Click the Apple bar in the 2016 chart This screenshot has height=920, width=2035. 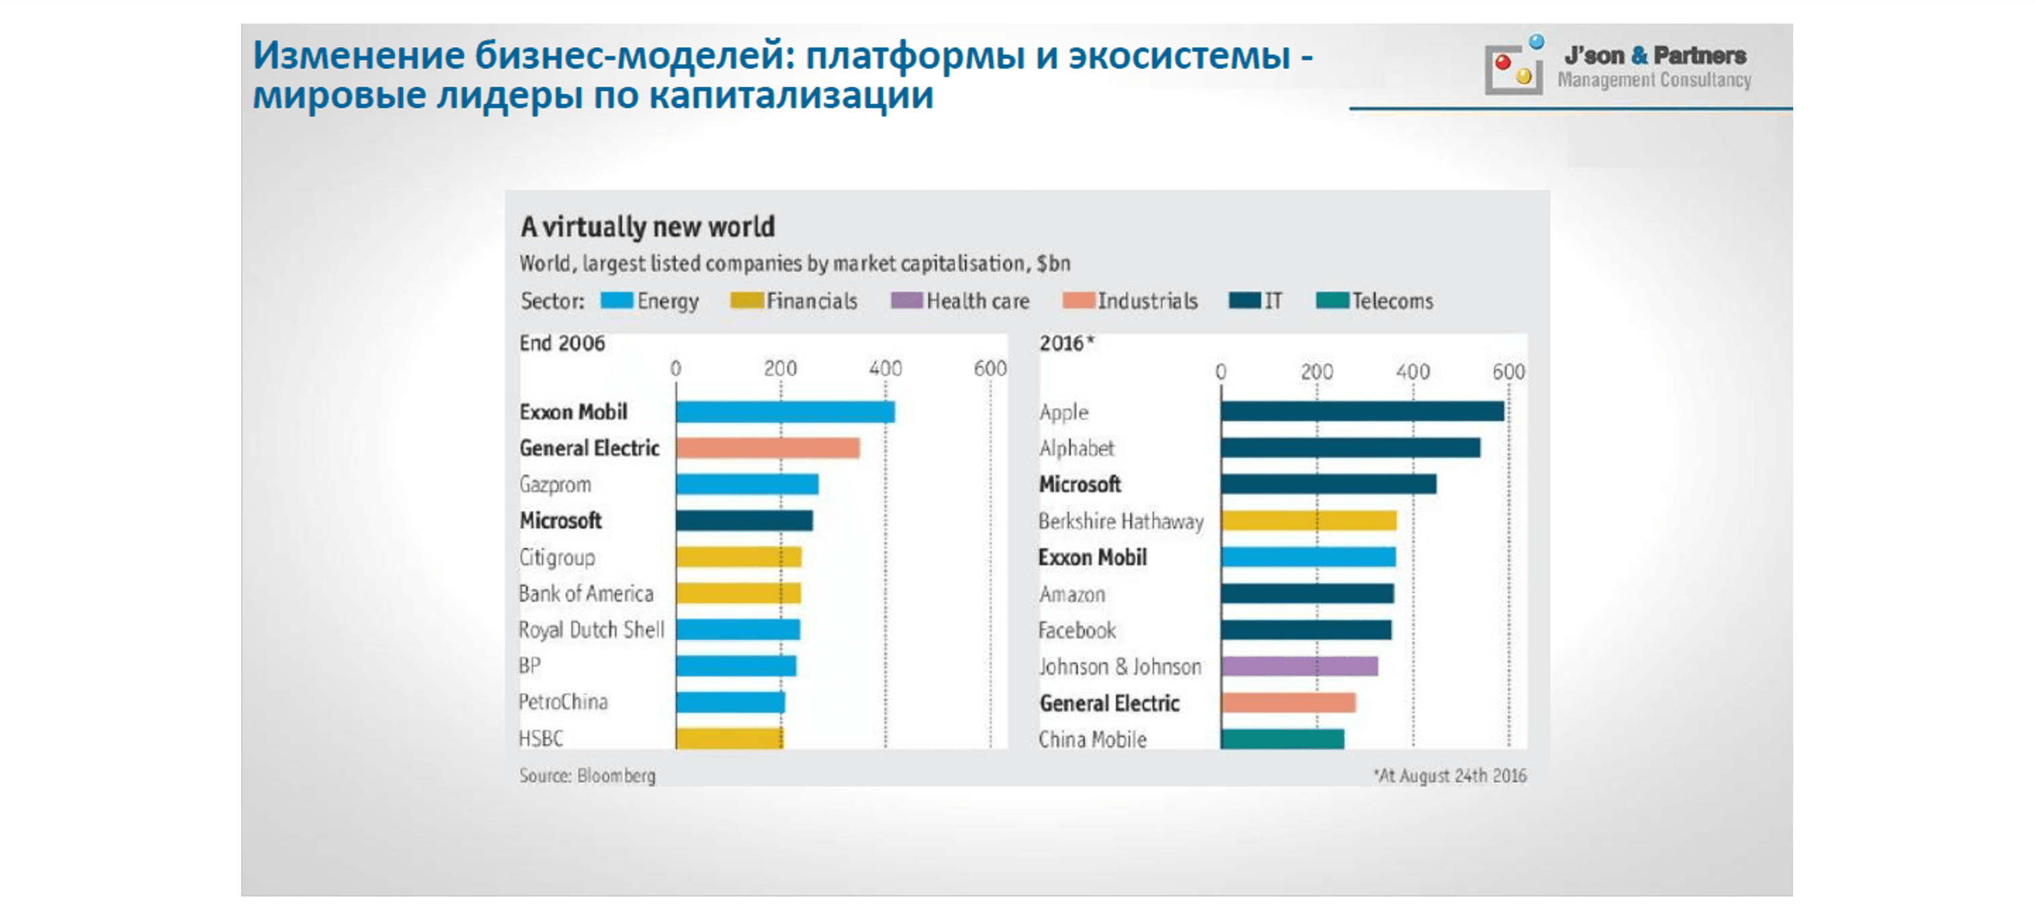(x=1362, y=412)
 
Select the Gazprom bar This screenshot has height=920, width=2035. (x=746, y=484)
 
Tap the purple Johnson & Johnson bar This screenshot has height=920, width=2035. (x=1299, y=667)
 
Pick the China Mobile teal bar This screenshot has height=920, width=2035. (x=1281, y=739)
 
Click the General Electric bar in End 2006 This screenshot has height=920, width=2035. (x=767, y=448)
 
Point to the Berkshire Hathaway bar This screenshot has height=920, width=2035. (x=1308, y=520)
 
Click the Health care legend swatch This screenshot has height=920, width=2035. (x=906, y=301)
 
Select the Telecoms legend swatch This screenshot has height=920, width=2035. (x=1332, y=301)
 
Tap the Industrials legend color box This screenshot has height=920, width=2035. (x=1078, y=301)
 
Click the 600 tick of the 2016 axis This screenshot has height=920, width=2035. (x=1508, y=371)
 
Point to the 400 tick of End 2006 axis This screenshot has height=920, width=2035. (x=885, y=368)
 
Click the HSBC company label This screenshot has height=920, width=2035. (x=541, y=739)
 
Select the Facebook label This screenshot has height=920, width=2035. (x=1077, y=630)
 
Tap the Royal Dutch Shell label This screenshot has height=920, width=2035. (x=591, y=630)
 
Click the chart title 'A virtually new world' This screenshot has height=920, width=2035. (x=647, y=228)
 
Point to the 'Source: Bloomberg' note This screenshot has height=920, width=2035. (x=587, y=776)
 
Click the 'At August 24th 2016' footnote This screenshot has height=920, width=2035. (x=1450, y=776)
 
